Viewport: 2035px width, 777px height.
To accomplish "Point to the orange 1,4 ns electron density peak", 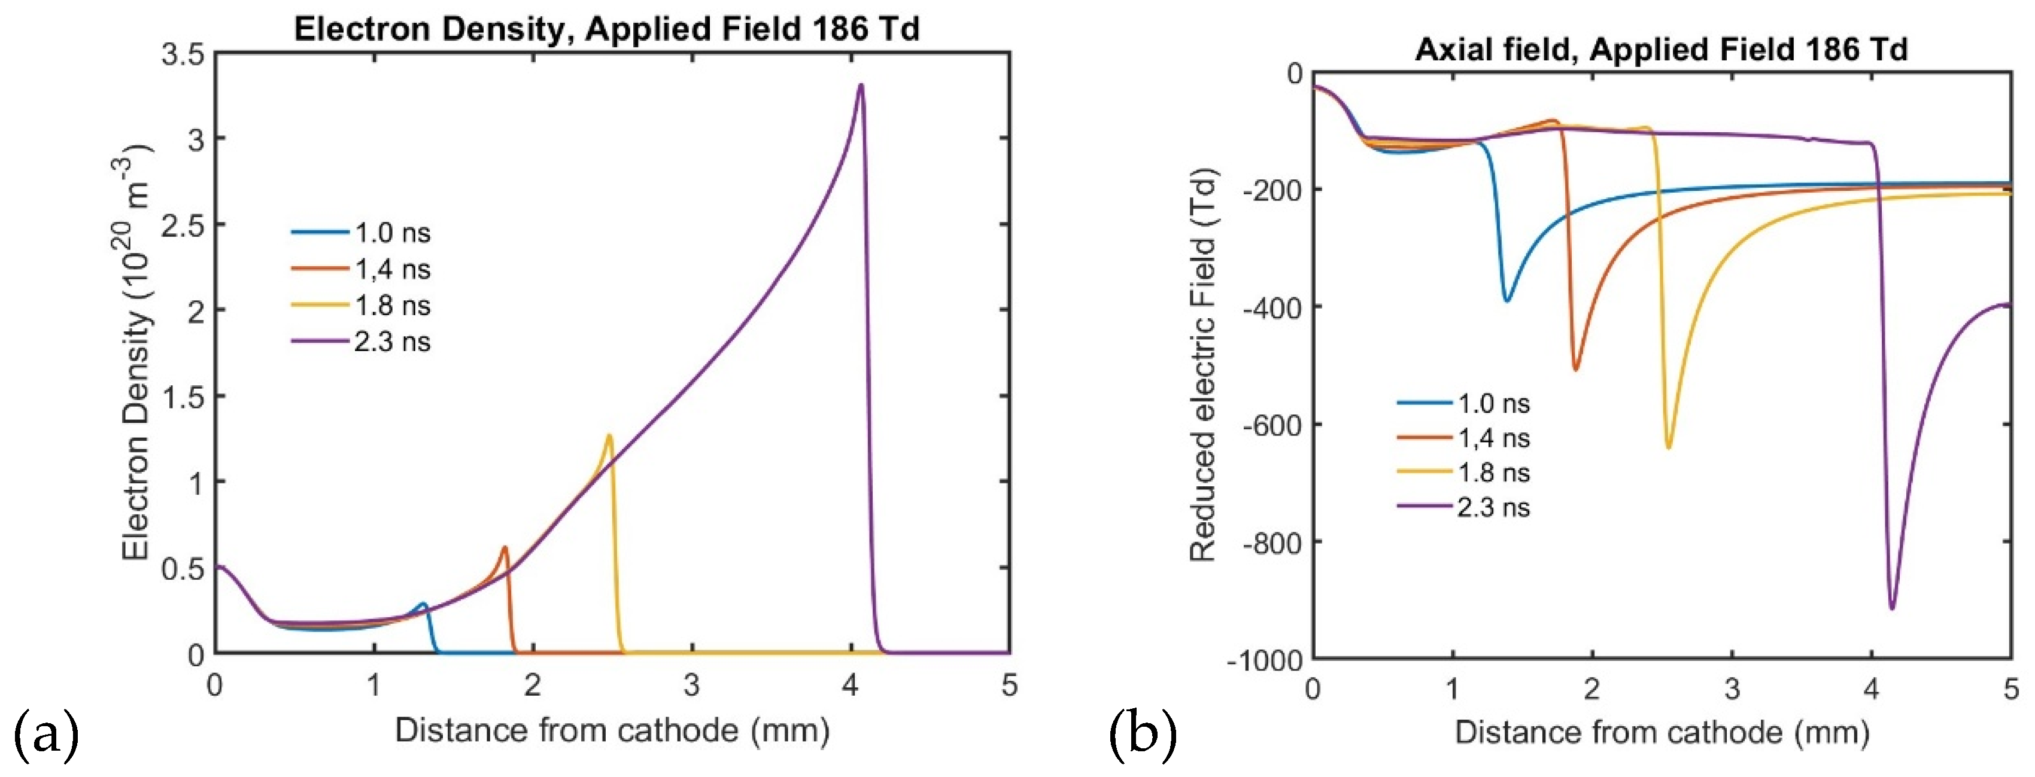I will point(504,547).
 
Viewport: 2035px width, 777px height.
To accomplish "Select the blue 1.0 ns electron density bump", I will point(423,605).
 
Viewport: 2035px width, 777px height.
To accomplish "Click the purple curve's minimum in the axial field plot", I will point(1891,607).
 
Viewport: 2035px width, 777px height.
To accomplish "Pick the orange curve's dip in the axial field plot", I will point(1575,368).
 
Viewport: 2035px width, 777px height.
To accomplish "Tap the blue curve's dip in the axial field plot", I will point(1506,300).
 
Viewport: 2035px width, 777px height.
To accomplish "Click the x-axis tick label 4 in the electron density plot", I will point(850,685).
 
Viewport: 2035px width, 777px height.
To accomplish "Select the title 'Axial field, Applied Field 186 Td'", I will point(1660,49).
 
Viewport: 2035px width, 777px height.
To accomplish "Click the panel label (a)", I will point(46,733).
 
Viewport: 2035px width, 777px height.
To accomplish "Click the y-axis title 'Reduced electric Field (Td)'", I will point(1202,365).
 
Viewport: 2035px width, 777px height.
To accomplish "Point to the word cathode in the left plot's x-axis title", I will point(678,730).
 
